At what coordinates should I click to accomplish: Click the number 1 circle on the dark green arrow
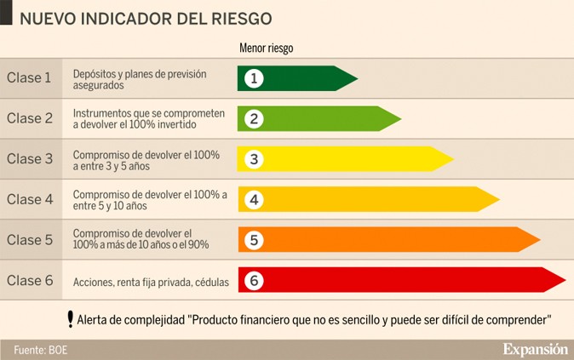click(x=253, y=78)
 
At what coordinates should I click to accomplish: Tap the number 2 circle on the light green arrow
click(x=253, y=118)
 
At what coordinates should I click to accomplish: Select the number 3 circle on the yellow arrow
click(x=253, y=159)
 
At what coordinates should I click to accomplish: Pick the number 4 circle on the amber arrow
click(x=253, y=199)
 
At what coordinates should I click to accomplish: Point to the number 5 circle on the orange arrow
click(x=253, y=240)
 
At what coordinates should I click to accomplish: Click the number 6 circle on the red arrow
click(x=253, y=280)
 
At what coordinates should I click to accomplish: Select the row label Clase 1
click(x=30, y=78)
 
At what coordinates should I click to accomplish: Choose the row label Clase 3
click(x=30, y=159)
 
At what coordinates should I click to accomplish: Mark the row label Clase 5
click(x=30, y=240)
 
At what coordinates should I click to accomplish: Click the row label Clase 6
click(x=30, y=280)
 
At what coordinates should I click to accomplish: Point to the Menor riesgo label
click(x=266, y=49)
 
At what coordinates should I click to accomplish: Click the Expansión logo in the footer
click(x=534, y=349)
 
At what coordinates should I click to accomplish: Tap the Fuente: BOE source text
click(x=39, y=350)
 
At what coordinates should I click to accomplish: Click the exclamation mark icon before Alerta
click(x=70, y=319)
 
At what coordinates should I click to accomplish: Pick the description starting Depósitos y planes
click(x=140, y=79)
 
